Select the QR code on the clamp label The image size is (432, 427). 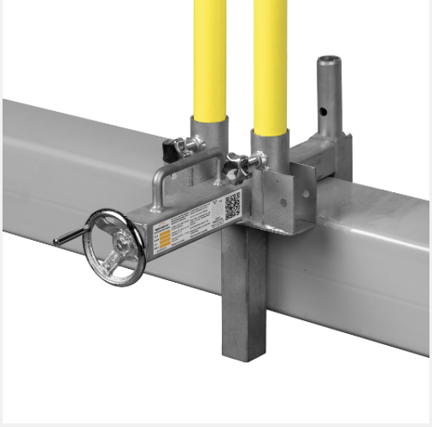coord(232,205)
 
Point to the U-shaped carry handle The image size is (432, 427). coord(184,171)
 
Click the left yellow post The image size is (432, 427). coord(209,60)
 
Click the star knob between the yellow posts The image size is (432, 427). coord(235,164)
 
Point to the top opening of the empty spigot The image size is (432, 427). coord(328,61)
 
